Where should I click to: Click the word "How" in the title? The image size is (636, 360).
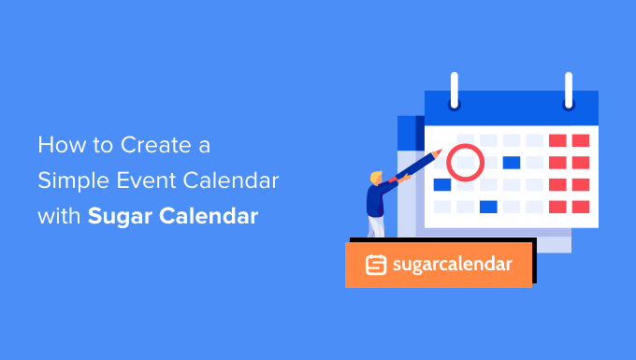57,147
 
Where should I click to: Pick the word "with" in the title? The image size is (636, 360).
60,216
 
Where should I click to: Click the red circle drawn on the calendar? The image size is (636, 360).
465,163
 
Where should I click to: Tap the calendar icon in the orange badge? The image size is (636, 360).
377,265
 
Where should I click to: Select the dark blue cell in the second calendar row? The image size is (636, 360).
511,163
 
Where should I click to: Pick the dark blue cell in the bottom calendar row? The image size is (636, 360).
487,206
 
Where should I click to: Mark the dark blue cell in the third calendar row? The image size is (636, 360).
442,184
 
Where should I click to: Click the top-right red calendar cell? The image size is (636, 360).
581,140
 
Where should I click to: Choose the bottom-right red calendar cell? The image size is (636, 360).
581,206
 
